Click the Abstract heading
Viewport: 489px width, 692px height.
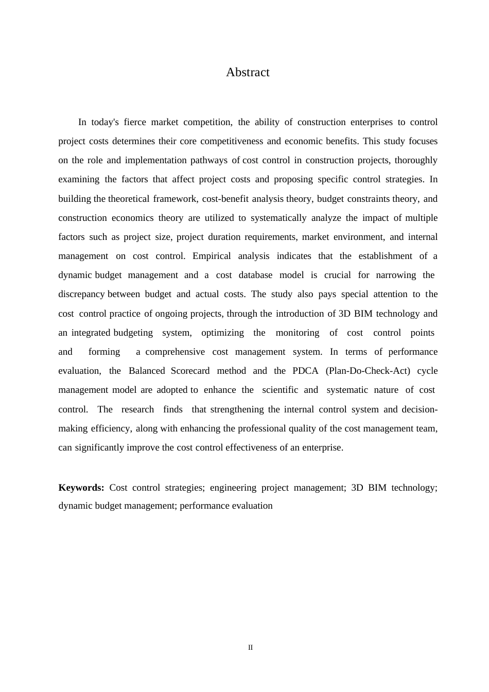(x=248, y=73)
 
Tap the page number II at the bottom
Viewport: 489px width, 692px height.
(x=250, y=648)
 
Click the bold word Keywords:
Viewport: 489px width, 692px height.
(x=81, y=488)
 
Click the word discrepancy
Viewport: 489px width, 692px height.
(x=82, y=294)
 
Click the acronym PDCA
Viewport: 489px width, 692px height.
(x=306, y=371)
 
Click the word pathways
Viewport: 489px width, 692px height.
(x=209, y=160)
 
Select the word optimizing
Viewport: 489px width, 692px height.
(x=222, y=333)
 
